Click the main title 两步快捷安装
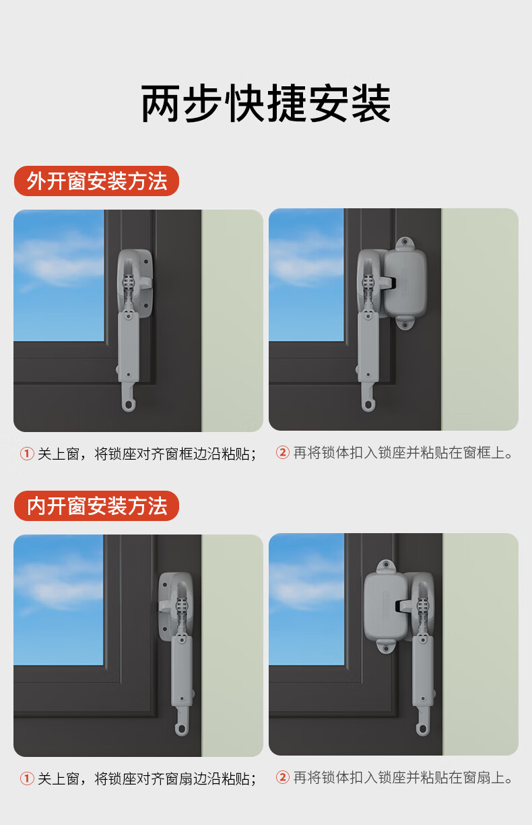pos(265,103)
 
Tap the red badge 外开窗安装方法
pos(96,181)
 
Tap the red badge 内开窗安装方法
pos(96,506)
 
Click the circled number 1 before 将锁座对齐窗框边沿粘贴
pos(27,454)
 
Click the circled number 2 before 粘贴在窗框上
pos(283,452)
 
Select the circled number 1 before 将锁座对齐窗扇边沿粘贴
pos(27,778)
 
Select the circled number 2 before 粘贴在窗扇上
pos(283,777)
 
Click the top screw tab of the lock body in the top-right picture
pos(405,243)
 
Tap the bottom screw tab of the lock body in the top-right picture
pos(405,324)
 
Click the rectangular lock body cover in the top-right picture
pos(405,284)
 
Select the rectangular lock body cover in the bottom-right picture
pos(384,608)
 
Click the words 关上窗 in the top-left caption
pos(59,454)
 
